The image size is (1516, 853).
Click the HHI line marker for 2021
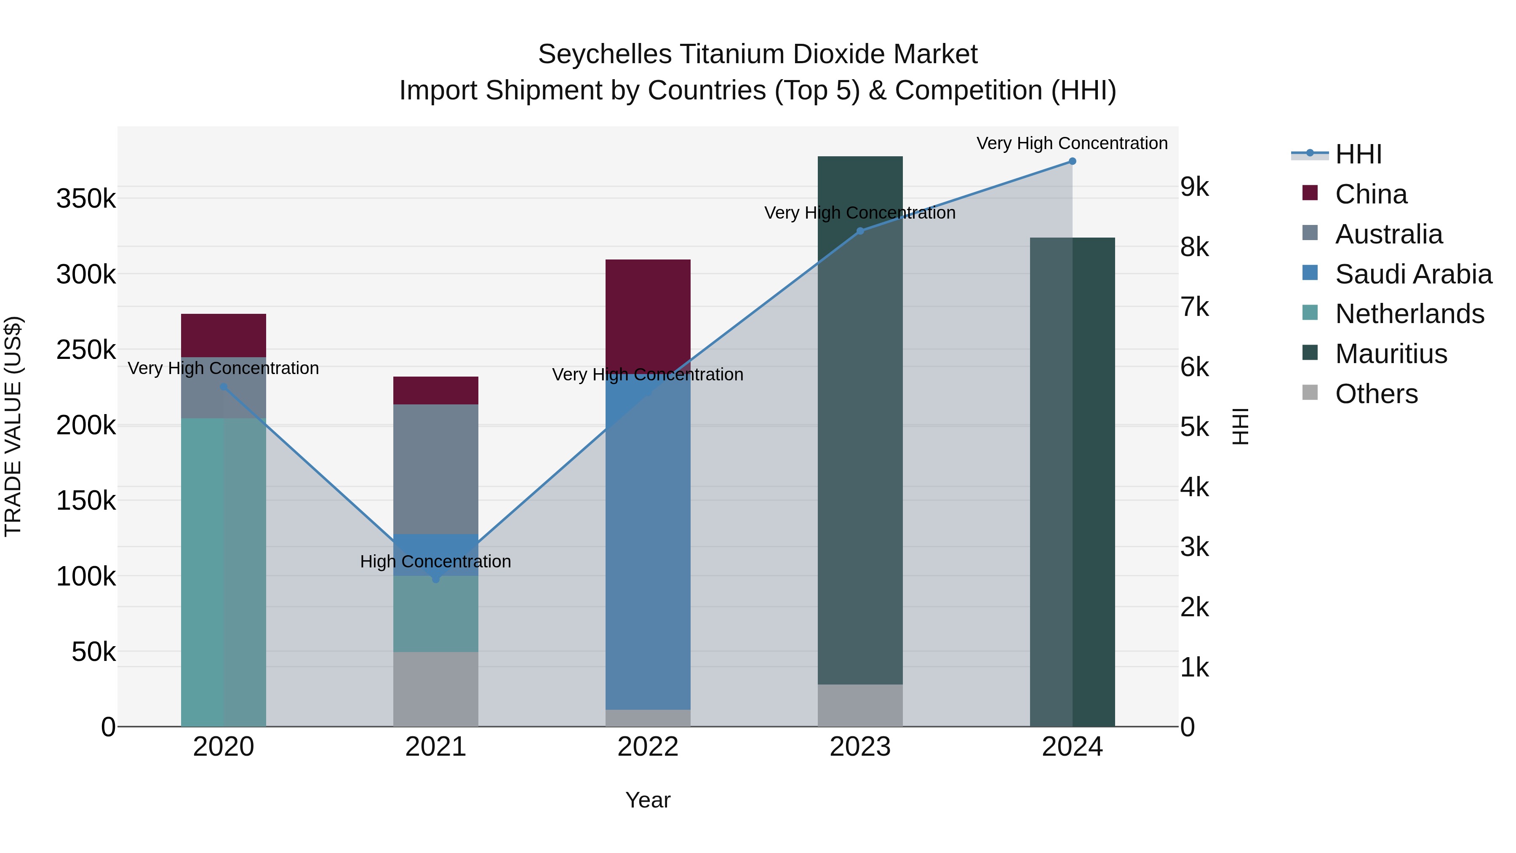[435, 579]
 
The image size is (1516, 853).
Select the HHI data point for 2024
[1072, 161]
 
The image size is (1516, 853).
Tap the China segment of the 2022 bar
[647, 316]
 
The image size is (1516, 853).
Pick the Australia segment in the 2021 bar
[435, 469]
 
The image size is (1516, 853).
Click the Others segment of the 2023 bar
[860, 705]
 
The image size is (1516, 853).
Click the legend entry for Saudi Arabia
[1413, 274]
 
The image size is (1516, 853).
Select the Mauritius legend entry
[1391, 354]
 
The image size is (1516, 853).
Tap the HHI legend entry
[1358, 154]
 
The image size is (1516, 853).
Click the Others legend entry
[1376, 394]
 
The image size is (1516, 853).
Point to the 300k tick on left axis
[86, 274]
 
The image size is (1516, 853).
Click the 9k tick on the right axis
[1195, 187]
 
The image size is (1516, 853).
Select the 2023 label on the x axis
[860, 747]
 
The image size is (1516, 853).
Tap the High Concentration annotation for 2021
[435, 562]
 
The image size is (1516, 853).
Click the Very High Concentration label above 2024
[1072, 143]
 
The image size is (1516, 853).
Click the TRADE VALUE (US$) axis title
[13, 426]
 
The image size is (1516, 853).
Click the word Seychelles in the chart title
[604, 54]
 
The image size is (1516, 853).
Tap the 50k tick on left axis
[93, 652]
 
